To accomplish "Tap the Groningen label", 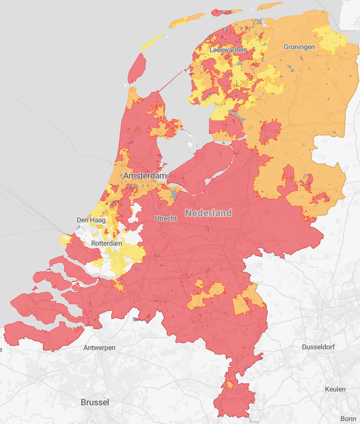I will click(x=299, y=47).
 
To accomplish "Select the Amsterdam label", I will click(x=145, y=176).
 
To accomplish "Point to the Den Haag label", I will click(x=91, y=220).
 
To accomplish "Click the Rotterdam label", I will click(x=106, y=243).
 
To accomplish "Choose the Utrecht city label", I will click(x=166, y=218).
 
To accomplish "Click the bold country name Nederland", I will click(x=209, y=213).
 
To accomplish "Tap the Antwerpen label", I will click(x=100, y=348).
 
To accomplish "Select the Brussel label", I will click(x=95, y=402).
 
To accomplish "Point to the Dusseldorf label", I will click(x=321, y=347).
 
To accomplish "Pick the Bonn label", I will click(x=348, y=419).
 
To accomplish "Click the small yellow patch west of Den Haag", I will click(x=65, y=240).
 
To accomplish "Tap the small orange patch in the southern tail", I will click(x=229, y=385).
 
